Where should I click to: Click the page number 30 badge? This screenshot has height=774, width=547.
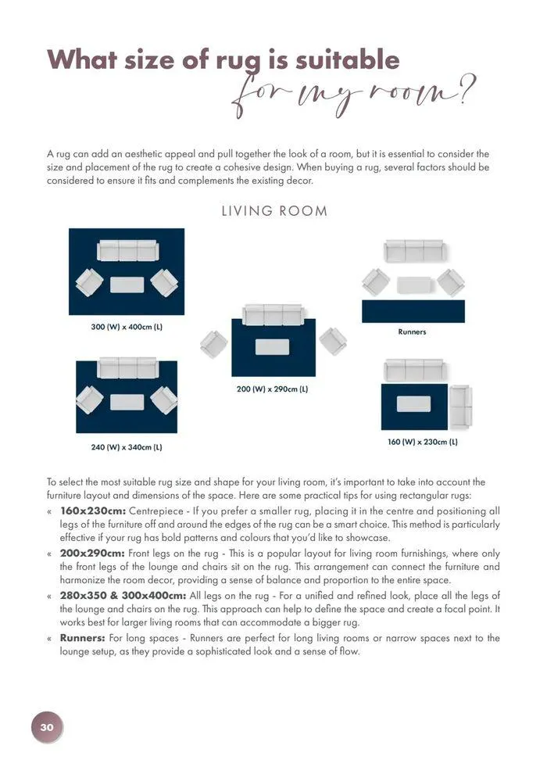pyautogui.click(x=47, y=727)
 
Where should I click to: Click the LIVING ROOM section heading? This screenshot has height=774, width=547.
pyautogui.click(x=273, y=211)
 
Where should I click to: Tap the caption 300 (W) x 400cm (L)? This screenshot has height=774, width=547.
pyautogui.click(x=127, y=326)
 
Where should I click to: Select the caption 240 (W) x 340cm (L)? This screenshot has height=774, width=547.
pyautogui.click(x=127, y=447)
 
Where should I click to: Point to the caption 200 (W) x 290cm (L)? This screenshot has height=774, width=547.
pyautogui.click(x=273, y=389)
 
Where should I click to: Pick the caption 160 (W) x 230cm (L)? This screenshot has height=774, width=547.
pyautogui.click(x=423, y=442)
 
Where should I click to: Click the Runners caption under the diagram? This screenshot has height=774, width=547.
pyautogui.click(x=412, y=332)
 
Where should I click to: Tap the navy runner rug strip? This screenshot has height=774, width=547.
pyautogui.click(x=413, y=311)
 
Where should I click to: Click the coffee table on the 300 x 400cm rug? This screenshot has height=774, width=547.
pyautogui.click(x=127, y=285)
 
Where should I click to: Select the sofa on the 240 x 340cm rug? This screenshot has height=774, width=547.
pyautogui.click(x=127, y=368)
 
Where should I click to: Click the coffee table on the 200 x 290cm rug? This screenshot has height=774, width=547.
pyautogui.click(x=272, y=346)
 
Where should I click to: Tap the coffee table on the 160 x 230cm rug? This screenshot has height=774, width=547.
pyautogui.click(x=413, y=404)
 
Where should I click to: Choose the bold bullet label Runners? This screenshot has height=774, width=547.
pyautogui.click(x=83, y=638)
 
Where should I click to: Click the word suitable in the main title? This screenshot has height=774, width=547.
pyautogui.click(x=337, y=60)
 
